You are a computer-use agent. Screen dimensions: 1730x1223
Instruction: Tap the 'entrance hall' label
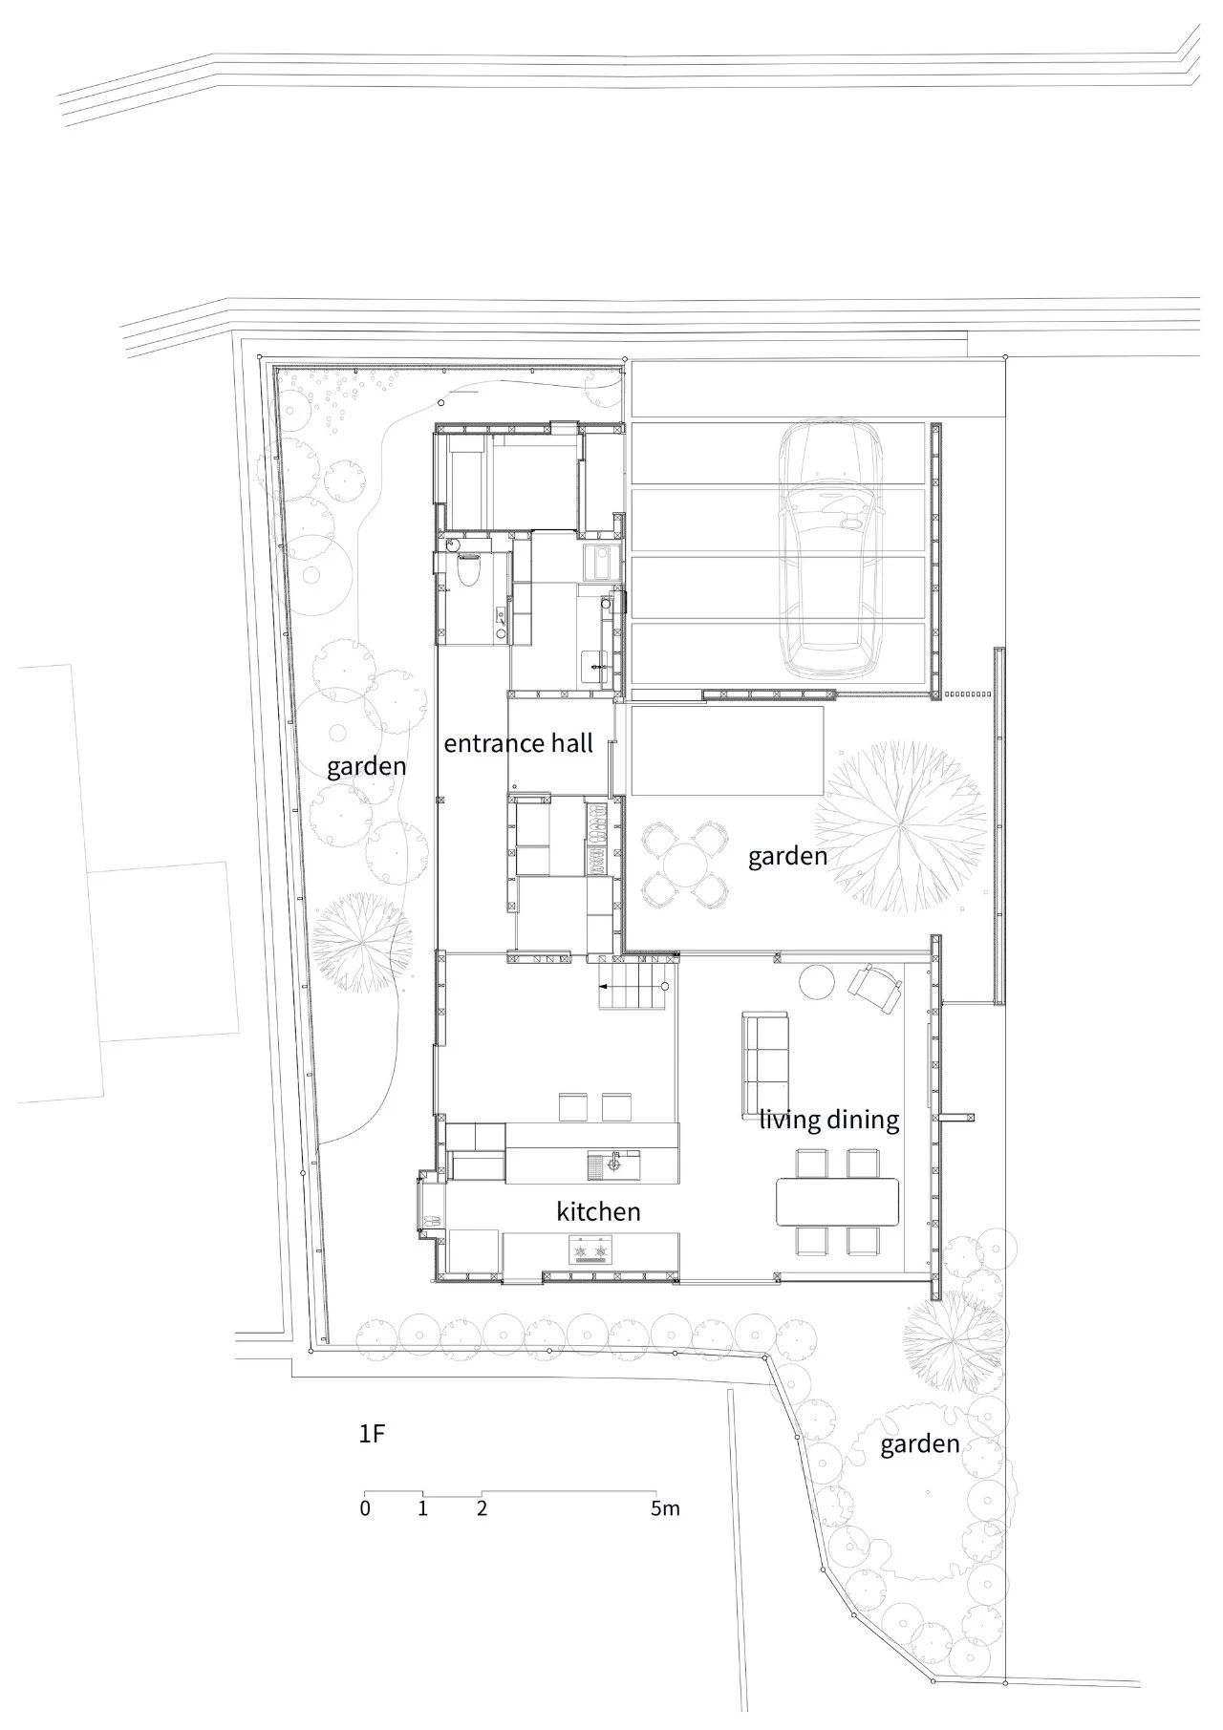point(518,743)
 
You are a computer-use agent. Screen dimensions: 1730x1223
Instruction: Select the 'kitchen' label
point(598,1212)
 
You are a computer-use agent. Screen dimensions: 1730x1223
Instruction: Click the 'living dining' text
point(829,1120)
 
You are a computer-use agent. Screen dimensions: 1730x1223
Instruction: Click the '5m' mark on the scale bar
point(665,1509)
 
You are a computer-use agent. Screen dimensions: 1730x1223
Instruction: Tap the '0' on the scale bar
point(365,1509)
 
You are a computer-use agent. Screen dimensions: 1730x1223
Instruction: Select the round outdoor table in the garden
point(684,865)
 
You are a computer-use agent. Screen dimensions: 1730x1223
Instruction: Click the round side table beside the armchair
point(817,982)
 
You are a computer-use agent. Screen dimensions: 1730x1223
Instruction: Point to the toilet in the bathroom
point(468,573)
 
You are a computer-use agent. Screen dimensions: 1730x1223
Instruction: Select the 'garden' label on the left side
point(366,766)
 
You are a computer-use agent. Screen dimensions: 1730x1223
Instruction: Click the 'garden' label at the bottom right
point(919,1443)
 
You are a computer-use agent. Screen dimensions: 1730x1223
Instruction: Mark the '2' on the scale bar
point(482,1509)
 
